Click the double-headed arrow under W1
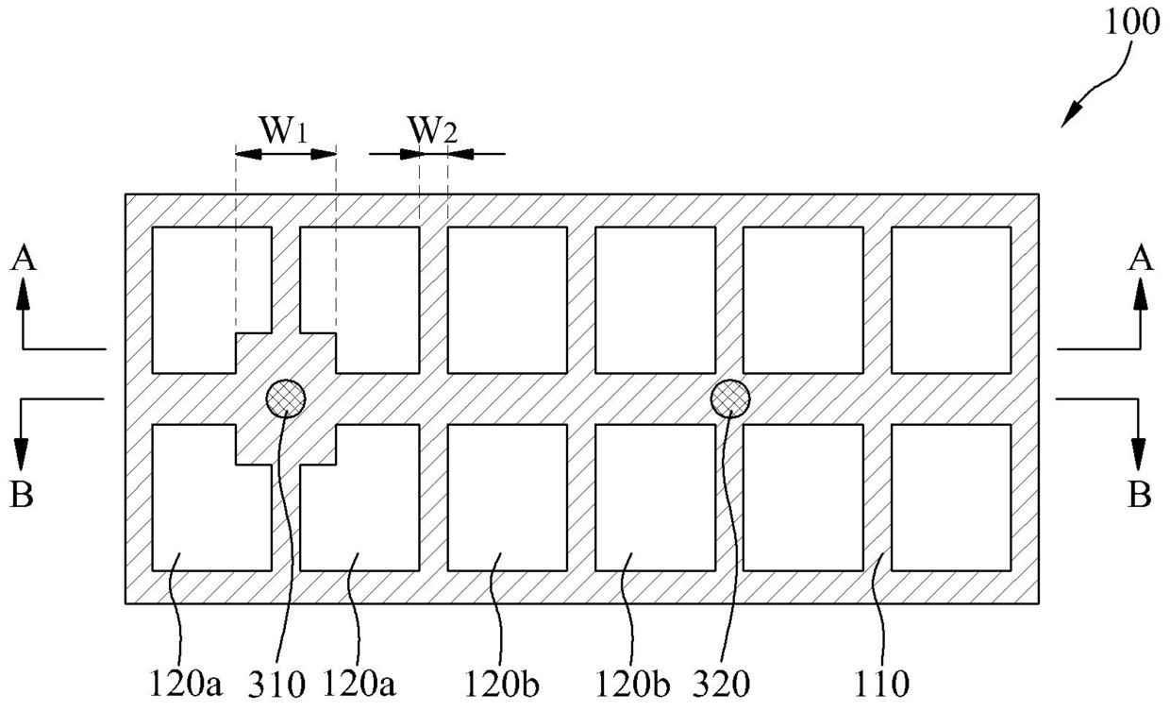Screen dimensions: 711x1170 pyautogui.click(x=286, y=153)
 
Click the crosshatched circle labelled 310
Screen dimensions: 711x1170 pyautogui.click(x=285, y=398)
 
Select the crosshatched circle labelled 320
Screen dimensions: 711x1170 pyautogui.click(x=729, y=398)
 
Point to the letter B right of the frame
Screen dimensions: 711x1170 pyautogui.click(x=1140, y=495)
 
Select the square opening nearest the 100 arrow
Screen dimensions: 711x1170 pyautogui.click(x=950, y=299)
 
